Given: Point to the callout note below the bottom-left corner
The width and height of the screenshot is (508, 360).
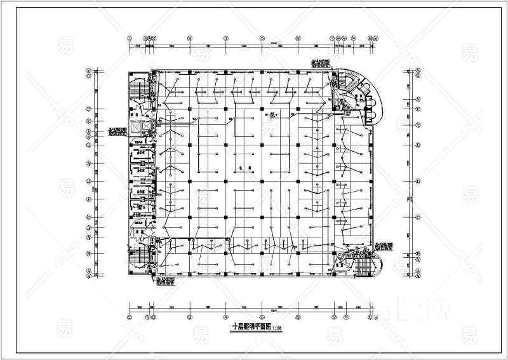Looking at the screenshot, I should (166, 282).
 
